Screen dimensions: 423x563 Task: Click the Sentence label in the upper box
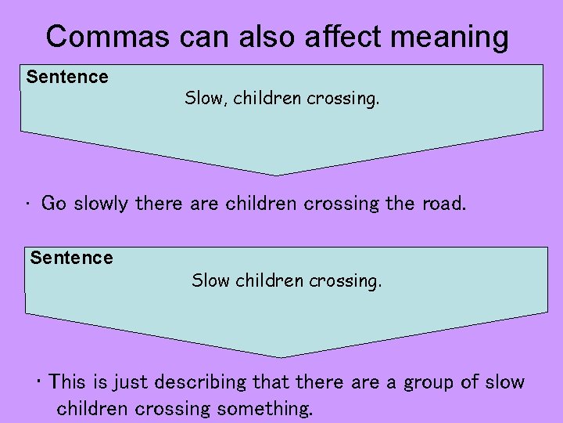click(x=67, y=77)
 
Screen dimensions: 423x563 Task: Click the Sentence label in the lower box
click(x=71, y=257)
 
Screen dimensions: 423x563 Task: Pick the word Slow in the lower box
click(x=210, y=280)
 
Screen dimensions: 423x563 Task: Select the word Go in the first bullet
click(x=54, y=204)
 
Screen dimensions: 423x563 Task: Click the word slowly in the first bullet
click(x=102, y=204)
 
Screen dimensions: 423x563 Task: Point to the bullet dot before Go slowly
click(x=27, y=205)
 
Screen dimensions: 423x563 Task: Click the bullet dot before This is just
click(x=38, y=381)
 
